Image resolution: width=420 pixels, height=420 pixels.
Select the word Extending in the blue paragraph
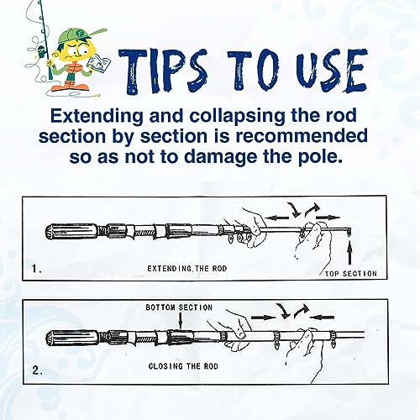(x=97, y=116)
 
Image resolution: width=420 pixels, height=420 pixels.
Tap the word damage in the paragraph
(x=221, y=157)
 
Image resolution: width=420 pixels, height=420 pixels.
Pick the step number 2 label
(x=37, y=370)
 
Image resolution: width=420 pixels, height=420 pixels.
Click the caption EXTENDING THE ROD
(x=187, y=269)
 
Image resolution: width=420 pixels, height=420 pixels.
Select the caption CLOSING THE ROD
(x=183, y=366)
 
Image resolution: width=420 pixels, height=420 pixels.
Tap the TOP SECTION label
(x=351, y=274)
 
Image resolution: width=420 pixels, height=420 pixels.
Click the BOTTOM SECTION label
(x=179, y=307)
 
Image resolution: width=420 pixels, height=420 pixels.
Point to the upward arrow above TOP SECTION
(x=349, y=254)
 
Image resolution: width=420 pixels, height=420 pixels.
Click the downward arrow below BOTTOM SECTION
(x=181, y=321)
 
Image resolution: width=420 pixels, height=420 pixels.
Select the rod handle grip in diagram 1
(x=71, y=232)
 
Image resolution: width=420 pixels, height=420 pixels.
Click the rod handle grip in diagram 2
(x=71, y=338)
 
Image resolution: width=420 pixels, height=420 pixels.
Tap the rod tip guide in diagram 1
(x=349, y=232)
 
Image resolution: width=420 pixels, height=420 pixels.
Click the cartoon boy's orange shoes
(x=71, y=87)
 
